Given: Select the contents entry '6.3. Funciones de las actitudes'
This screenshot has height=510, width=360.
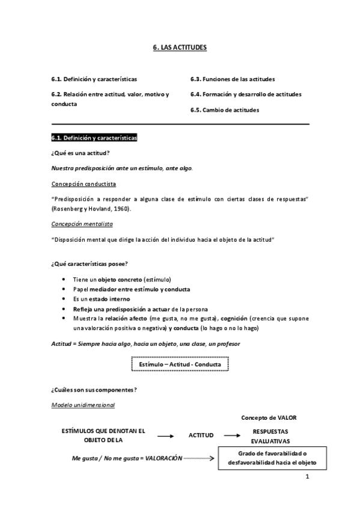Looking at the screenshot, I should coord(233,79).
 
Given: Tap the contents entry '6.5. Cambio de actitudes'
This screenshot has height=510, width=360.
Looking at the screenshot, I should coord(225,110).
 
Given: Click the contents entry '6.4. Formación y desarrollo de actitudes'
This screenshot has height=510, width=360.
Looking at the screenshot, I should coord(246,94).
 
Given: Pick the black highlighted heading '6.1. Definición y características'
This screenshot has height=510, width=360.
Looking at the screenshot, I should coord(94,138).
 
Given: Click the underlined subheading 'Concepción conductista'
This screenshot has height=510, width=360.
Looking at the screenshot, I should coord(84,183).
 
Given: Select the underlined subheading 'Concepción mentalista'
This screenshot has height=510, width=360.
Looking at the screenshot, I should coord(82,224).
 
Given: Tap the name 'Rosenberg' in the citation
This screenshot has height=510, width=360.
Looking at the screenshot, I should coord(69,209).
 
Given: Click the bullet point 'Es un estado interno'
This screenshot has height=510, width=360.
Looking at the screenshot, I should coord(101,299).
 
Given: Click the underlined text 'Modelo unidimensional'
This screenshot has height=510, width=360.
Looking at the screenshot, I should coord(83,405).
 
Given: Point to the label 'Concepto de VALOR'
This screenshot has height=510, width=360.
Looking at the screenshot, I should coord(269,417).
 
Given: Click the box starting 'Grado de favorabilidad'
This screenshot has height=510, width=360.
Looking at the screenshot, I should coord(272,458).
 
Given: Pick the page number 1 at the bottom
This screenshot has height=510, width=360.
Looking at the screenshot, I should coord(307,478).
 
